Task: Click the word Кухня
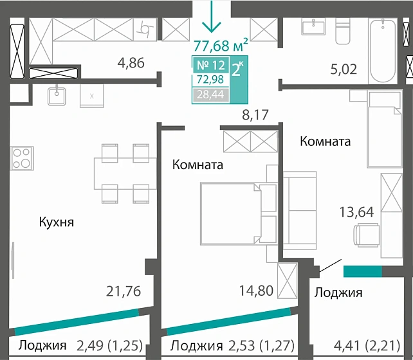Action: point(57,222)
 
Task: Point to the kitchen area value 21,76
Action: point(123,291)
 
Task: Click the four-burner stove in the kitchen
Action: point(21,157)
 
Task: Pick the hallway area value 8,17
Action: point(253,116)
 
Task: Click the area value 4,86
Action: point(131,63)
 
